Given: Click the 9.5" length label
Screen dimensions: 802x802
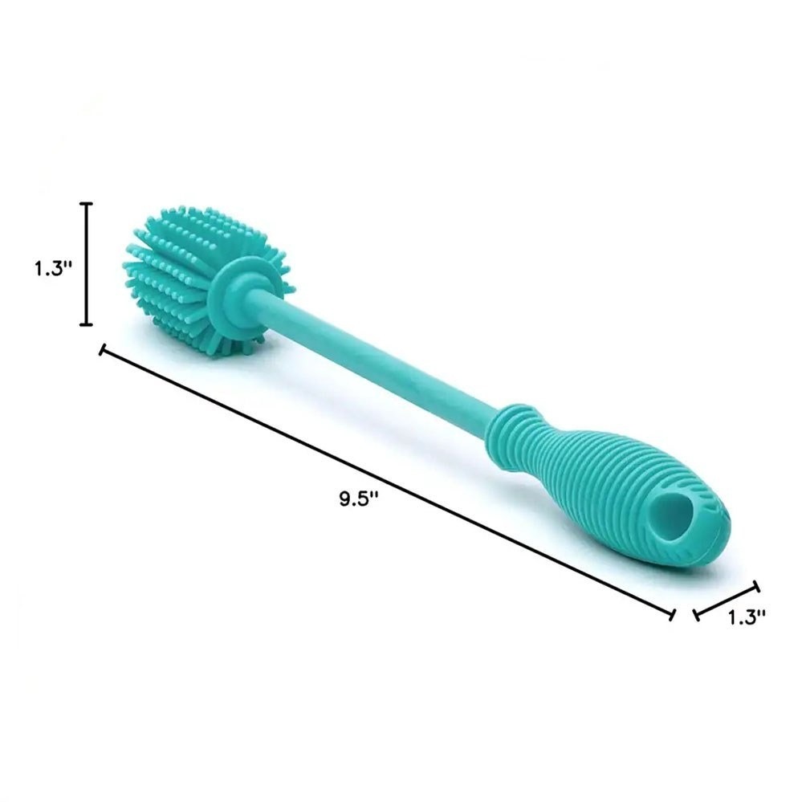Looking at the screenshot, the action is pyautogui.click(x=359, y=498).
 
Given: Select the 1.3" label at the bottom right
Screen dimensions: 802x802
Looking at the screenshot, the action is pyautogui.click(x=747, y=617).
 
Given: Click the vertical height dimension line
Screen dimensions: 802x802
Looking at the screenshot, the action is pyautogui.click(x=88, y=264).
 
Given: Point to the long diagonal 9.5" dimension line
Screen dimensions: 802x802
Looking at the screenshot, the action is pyautogui.click(x=388, y=482).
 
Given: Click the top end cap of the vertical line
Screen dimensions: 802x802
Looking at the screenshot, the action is pyautogui.click(x=88, y=204).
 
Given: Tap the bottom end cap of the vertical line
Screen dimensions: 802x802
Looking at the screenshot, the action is pyautogui.click(x=88, y=324).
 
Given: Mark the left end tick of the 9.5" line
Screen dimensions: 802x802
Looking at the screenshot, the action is pyautogui.click(x=102, y=350).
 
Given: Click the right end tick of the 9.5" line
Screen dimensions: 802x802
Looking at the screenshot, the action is pyautogui.click(x=673, y=615).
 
